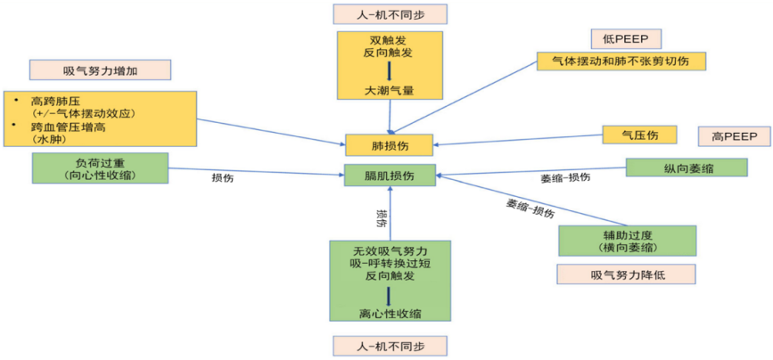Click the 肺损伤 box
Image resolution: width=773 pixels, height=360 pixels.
(x=390, y=143)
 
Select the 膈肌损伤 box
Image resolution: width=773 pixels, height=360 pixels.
(x=390, y=175)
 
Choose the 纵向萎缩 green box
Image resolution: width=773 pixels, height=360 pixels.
(x=687, y=168)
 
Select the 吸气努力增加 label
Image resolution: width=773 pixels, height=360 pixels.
(x=99, y=70)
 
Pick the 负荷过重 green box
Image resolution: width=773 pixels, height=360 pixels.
(x=100, y=168)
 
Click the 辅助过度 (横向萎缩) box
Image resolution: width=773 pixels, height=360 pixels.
(x=627, y=241)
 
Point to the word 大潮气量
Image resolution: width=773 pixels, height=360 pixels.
(x=389, y=90)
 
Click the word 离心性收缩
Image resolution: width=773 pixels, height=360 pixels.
(x=390, y=313)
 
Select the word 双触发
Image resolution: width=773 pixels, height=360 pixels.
(x=389, y=40)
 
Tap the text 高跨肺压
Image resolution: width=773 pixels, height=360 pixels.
(x=54, y=101)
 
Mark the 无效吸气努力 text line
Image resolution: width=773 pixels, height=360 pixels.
(x=390, y=250)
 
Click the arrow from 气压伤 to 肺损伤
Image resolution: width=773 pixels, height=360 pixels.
(x=517, y=139)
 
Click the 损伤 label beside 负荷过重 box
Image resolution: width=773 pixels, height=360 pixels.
(x=222, y=177)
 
